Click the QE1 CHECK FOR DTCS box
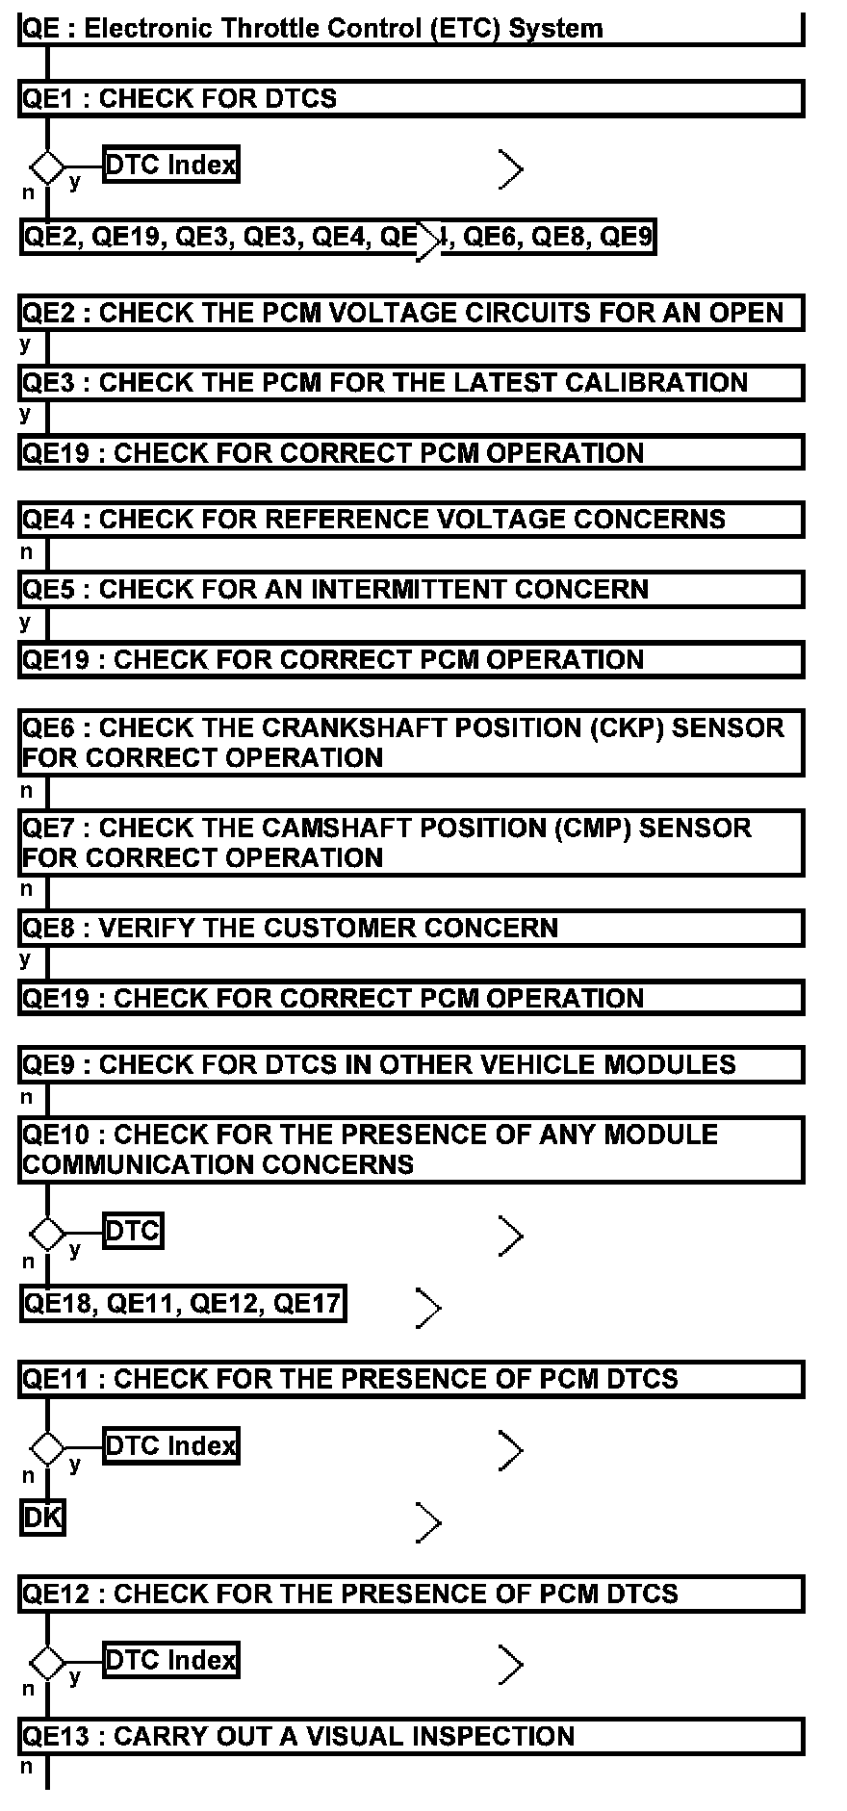pyautogui.click(x=411, y=99)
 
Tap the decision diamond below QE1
pyautogui.click(x=46, y=166)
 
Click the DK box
pyautogui.click(x=42, y=1518)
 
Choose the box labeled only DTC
pyautogui.click(x=133, y=1231)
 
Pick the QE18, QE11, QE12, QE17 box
pyautogui.click(x=183, y=1304)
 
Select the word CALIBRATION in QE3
pyautogui.click(x=655, y=383)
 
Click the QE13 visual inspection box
pyautogui.click(x=411, y=1737)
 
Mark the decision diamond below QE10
pyautogui.click(x=46, y=1233)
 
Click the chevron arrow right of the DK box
pyautogui.click(x=428, y=1522)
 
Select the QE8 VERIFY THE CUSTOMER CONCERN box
pyautogui.click(x=411, y=929)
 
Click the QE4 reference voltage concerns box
pyautogui.click(x=411, y=520)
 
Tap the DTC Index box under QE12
pyautogui.click(x=170, y=1661)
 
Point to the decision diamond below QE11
pyautogui.click(x=46, y=1447)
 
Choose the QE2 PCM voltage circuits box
pyautogui.click(x=411, y=314)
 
